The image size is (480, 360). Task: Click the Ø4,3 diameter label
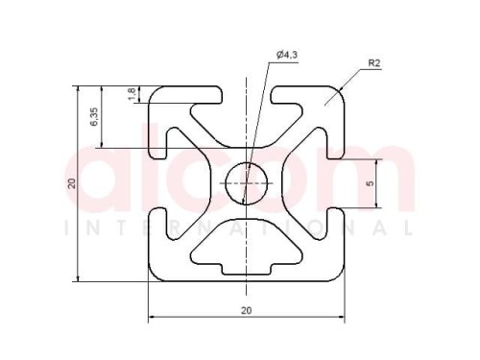click(x=287, y=55)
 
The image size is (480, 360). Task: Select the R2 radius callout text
click(x=374, y=63)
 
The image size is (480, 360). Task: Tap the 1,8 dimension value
click(x=132, y=94)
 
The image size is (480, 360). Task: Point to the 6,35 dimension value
click(x=94, y=116)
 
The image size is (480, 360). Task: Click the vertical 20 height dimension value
click(x=72, y=183)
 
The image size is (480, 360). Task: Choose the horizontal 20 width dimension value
click(x=246, y=310)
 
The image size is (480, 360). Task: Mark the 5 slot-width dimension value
click(x=371, y=183)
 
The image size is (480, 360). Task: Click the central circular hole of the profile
click(x=247, y=183)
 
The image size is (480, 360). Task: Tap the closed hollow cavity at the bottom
click(x=247, y=247)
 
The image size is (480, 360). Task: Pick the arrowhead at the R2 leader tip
click(x=342, y=89)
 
